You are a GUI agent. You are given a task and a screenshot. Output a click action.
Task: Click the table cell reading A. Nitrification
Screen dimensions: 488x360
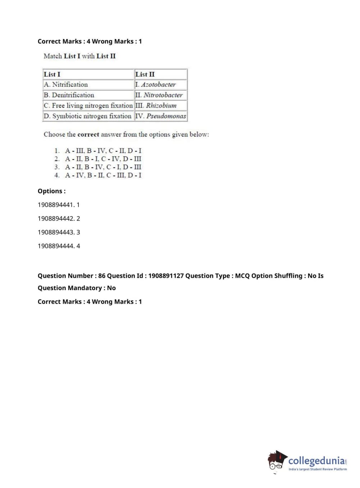pyautogui.click(x=66, y=85)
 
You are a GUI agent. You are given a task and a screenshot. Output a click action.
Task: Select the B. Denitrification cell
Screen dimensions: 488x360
pyautogui.click(x=69, y=95)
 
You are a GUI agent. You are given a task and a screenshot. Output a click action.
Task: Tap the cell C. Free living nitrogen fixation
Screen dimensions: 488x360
pyautogui.click(x=88, y=105)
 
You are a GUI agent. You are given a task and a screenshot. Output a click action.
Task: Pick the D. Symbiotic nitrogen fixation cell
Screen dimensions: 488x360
pyautogui.click(x=87, y=116)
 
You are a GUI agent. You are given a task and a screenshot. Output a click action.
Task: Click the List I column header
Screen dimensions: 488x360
pyautogui.click(x=52, y=74)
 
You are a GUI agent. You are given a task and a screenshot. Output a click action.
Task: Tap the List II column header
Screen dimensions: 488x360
pyautogui.click(x=145, y=74)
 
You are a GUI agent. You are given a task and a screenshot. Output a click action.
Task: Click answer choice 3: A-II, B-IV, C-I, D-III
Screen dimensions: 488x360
pyautogui.click(x=103, y=167)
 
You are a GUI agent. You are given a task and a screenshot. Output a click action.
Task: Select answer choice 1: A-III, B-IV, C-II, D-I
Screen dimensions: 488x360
pyautogui.click(x=103, y=150)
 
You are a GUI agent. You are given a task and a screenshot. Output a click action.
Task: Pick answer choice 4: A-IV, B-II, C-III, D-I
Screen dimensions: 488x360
pyautogui.click(x=103, y=175)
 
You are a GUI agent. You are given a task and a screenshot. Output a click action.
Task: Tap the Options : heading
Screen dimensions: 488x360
pyautogui.click(x=52, y=191)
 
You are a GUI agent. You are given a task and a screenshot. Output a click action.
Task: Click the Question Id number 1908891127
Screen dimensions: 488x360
pyautogui.click(x=166, y=276)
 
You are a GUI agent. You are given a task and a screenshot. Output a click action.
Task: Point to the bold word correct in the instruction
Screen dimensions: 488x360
pyautogui.click(x=88, y=134)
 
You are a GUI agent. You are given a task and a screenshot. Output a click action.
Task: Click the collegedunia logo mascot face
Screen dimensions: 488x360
pyautogui.click(x=276, y=461)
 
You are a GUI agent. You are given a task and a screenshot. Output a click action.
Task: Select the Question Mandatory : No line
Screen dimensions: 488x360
pyautogui.click(x=77, y=288)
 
